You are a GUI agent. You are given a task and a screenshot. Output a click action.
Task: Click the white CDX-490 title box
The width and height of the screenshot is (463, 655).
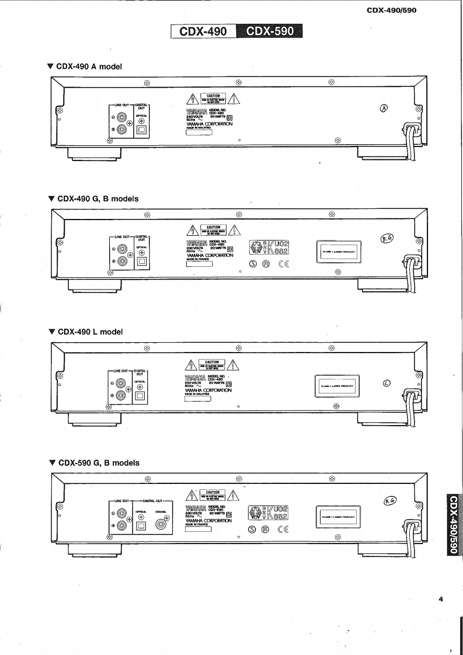204,32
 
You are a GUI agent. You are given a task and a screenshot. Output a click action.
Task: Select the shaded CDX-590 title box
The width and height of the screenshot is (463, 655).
270,32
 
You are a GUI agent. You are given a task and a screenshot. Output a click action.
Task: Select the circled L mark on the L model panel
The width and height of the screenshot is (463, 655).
386,384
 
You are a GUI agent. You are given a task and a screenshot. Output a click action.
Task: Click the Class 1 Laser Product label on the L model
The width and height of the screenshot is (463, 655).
337,385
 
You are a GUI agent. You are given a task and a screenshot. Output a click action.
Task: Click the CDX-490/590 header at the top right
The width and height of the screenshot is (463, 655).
392,10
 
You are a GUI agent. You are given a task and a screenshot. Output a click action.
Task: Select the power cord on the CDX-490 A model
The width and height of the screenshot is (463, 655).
411,143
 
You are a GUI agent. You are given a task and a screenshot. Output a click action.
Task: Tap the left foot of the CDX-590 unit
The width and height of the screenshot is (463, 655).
95,549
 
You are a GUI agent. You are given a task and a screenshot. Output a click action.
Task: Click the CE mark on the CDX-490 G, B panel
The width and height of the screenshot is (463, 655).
283,263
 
